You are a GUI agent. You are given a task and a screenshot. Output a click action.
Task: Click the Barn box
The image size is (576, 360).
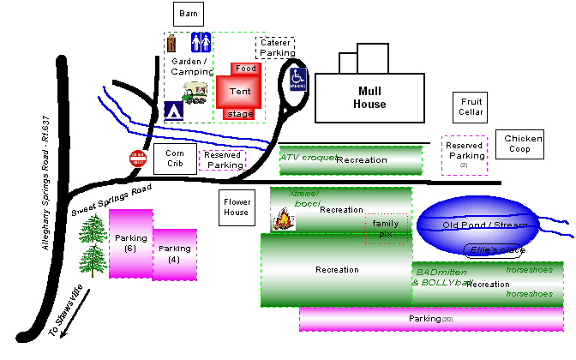pyautogui.click(x=186, y=15)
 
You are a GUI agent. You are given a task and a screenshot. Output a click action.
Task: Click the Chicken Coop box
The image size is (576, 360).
pyautogui.click(x=523, y=143)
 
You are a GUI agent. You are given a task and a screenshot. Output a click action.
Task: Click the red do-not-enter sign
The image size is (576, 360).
pyautogui.click(x=137, y=159)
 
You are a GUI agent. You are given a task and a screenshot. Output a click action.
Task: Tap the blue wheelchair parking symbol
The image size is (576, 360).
pyautogui.click(x=297, y=79)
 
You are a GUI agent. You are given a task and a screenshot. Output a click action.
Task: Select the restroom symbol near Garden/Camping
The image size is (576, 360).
pyautogui.click(x=201, y=43)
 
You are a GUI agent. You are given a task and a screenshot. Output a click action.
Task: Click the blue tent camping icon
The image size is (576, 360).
pyautogui.click(x=174, y=111)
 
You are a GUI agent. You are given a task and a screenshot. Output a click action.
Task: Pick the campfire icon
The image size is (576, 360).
pyautogui.click(x=282, y=220)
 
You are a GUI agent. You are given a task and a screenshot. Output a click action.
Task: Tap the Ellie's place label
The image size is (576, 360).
pyautogui.click(x=498, y=249)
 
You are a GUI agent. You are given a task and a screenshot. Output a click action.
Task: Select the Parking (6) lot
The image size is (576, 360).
pyautogui.click(x=130, y=243)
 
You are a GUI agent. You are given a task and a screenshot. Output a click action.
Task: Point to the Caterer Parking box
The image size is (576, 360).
pyautogui.click(x=275, y=48)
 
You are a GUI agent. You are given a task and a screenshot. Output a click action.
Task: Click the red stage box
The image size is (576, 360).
pyautogui.click(x=238, y=113)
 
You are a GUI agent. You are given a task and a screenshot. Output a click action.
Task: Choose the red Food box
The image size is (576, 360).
pyautogui.click(x=245, y=69)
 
